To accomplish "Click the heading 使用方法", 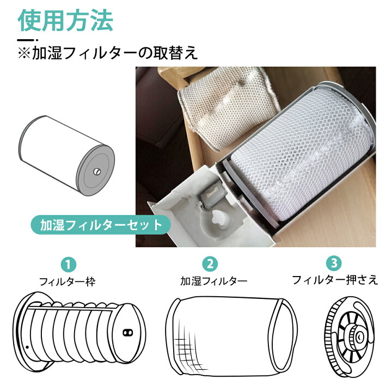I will click(65, 20).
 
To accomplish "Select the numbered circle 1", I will click(68, 265).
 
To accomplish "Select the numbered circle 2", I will click(209, 265).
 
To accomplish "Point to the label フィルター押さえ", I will click(335, 280).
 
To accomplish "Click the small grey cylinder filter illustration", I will click(68, 156).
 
